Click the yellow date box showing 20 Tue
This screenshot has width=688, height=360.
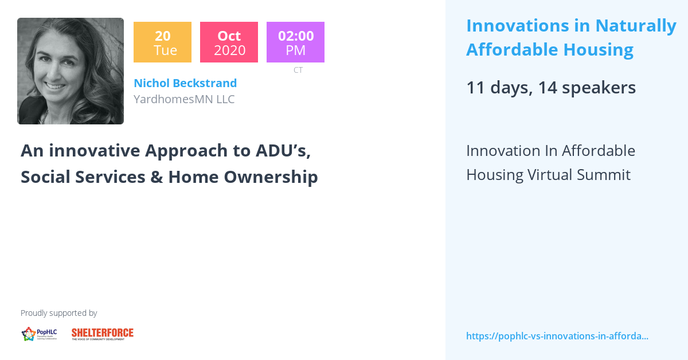coord(162,42)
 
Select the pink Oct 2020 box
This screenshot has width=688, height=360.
coord(229,42)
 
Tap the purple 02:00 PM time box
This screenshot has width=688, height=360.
coord(295,42)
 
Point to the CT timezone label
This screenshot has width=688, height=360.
coord(298,70)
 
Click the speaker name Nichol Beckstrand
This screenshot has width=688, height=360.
coord(185,83)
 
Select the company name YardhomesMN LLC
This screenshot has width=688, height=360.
coord(184,99)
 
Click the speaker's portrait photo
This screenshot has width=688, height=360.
coord(71,71)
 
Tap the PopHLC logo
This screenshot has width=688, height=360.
coord(39,334)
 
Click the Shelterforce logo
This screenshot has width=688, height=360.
coord(103,334)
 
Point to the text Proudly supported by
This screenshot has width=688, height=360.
coord(58,313)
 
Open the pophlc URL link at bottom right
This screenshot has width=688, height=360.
coord(557,336)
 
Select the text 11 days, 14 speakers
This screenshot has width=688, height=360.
coord(551,87)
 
